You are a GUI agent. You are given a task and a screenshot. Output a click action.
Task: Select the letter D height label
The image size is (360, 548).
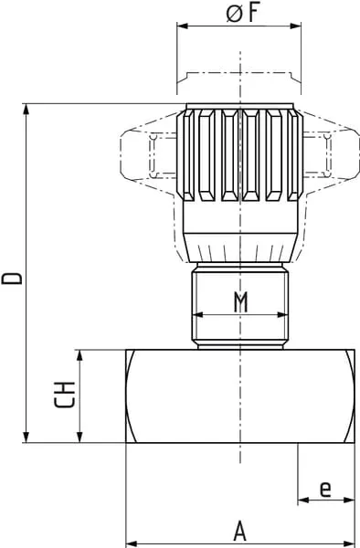[x=12, y=279]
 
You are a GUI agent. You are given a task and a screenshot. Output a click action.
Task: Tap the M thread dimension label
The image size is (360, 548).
[x=240, y=301]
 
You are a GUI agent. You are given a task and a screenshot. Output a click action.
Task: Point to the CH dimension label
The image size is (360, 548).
[x=65, y=395]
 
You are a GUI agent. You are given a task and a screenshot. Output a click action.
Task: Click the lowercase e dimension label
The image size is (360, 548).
[x=325, y=489]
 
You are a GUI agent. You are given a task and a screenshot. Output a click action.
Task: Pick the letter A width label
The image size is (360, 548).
[x=239, y=531]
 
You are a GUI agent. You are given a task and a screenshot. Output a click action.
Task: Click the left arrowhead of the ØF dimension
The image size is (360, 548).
[x=183, y=26]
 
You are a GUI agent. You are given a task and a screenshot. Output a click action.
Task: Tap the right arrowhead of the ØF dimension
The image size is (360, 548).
[x=295, y=26]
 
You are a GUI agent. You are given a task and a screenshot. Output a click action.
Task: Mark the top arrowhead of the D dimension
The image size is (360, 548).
[x=26, y=110]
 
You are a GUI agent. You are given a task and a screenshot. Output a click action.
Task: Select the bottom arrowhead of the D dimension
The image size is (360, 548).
[x=26, y=437]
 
